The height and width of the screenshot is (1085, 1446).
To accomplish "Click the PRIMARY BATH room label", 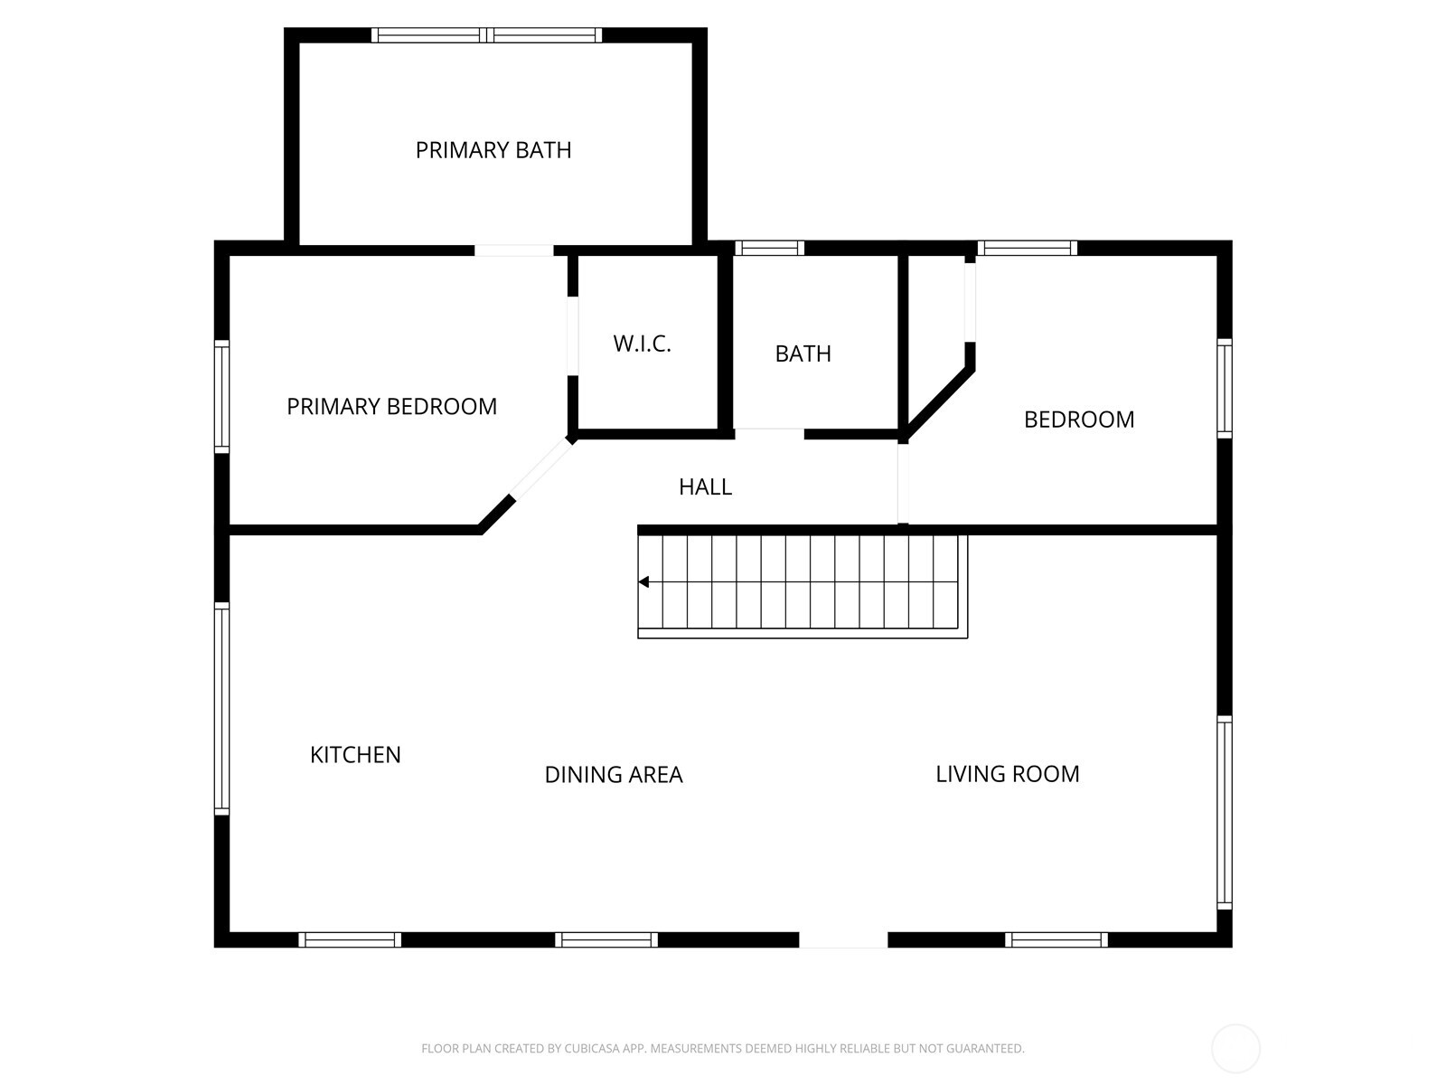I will [493, 150].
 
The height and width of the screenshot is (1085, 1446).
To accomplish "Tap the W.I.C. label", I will [642, 344].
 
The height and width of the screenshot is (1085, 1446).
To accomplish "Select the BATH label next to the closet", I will [803, 354].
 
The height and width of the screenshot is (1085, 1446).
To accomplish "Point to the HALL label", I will [705, 487].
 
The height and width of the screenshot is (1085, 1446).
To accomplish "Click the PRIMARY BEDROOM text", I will [391, 407].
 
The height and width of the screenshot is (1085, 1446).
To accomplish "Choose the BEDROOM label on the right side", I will [1079, 420].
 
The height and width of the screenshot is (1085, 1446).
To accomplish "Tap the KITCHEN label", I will [355, 755].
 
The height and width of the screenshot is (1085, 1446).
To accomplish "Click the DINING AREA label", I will [614, 775].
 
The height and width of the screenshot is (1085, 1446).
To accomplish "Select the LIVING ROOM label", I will [1007, 774].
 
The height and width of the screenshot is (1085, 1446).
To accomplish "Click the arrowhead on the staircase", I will [643, 582].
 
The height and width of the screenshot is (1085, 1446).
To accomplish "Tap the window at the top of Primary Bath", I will [486, 35].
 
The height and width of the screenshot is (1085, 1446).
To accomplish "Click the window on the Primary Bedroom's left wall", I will [221, 395].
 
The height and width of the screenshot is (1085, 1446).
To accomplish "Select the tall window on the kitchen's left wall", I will [221, 708].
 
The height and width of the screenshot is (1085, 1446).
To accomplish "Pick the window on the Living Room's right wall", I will [1225, 811].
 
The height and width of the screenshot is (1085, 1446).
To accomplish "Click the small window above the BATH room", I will [769, 248].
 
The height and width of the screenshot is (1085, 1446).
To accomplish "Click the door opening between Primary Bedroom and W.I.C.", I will [572, 335].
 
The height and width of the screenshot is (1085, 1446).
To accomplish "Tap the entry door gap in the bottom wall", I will [843, 940].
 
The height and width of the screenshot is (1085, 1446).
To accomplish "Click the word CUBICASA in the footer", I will [591, 1049].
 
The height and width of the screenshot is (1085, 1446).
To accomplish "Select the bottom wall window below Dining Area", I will [606, 940].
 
